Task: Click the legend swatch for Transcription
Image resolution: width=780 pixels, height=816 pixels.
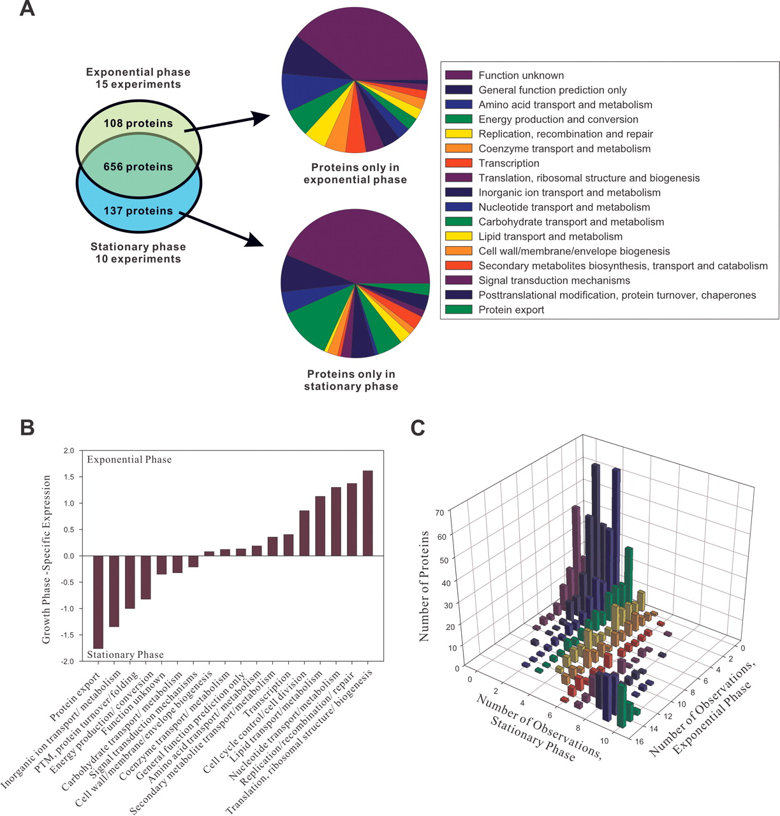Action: [x=459, y=163]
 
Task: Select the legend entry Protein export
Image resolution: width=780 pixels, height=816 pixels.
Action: [x=511, y=310]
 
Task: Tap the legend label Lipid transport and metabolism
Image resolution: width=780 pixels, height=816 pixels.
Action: [x=550, y=237]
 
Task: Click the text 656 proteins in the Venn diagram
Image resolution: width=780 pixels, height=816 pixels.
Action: [x=138, y=167]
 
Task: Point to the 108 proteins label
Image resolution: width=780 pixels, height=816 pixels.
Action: [x=138, y=124]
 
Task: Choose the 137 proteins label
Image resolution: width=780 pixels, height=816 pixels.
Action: [x=138, y=210]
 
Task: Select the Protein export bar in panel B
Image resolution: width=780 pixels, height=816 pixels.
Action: [x=98, y=602]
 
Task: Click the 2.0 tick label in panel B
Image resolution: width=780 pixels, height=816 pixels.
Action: [x=68, y=451]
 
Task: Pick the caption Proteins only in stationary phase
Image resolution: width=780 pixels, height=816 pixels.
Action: [x=351, y=380]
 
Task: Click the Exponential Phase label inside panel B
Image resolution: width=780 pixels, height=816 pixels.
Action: [x=129, y=460]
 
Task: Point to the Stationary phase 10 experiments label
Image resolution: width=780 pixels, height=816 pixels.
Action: [x=138, y=252]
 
